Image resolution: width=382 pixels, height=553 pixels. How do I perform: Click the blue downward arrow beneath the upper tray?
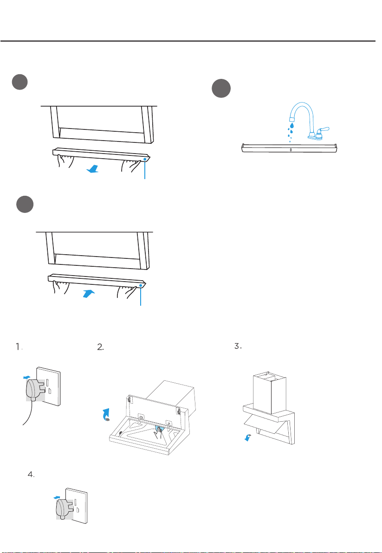click(92, 170)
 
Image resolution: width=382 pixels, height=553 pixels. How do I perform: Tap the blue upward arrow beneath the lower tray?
click(89, 294)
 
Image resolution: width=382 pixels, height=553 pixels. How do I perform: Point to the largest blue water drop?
click(292, 125)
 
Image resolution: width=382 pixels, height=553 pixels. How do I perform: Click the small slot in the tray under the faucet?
click(290, 150)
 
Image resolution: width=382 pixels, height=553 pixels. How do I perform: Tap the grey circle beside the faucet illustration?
click(221, 89)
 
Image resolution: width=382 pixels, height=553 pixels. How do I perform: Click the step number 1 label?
click(19, 347)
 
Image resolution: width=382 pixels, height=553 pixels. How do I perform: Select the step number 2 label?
click(101, 347)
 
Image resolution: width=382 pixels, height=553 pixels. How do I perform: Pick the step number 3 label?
click(238, 347)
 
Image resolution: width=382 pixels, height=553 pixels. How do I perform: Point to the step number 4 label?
click(31, 475)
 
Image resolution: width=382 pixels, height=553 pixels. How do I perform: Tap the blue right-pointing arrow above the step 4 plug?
click(57, 497)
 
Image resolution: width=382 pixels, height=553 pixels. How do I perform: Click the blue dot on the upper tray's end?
click(145, 160)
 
